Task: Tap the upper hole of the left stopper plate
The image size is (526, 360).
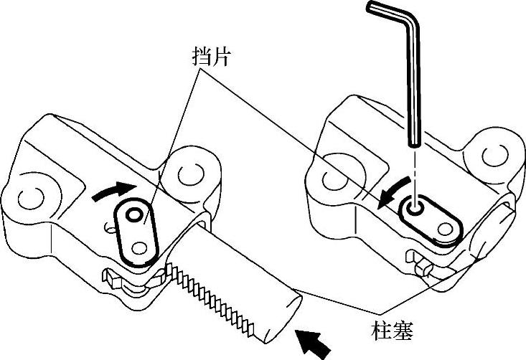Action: coord(133,214)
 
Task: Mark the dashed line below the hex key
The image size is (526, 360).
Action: coord(415,172)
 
